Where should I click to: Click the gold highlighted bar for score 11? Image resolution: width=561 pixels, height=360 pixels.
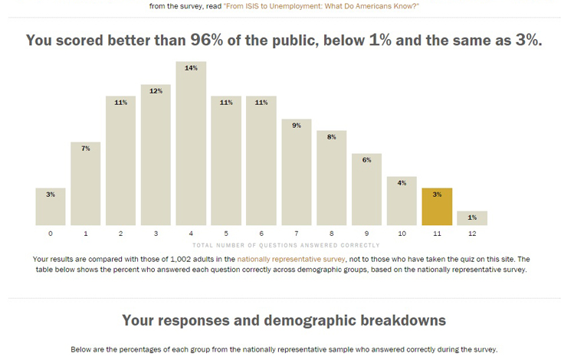point(437,207)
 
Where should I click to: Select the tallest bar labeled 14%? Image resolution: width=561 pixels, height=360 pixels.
point(191,143)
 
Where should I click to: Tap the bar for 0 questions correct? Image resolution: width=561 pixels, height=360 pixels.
point(51,207)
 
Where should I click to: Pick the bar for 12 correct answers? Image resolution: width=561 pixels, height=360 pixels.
point(472,218)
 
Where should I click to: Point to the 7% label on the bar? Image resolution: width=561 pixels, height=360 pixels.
point(86,149)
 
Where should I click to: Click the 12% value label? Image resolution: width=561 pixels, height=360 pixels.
point(156,91)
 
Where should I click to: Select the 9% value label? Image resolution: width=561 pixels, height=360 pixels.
point(297,126)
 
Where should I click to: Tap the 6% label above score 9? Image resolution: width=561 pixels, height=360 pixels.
point(366,160)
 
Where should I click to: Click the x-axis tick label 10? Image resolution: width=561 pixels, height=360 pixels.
point(402,234)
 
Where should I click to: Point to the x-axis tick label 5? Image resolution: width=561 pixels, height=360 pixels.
point(226,234)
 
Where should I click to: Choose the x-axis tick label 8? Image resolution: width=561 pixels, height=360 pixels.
point(331,234)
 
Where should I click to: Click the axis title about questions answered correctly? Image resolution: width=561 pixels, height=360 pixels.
point(286,245)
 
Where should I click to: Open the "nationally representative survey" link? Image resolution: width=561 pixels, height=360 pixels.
point(291,259)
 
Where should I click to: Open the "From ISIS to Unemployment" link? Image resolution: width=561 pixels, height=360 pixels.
point(321,6)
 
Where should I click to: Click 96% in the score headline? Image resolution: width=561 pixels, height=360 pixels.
point(206,40)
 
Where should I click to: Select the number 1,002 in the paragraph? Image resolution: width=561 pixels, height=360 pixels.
point(181,259)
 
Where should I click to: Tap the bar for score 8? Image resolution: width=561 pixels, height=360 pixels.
point(331,178)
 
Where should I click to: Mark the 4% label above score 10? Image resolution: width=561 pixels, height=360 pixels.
point(402,183)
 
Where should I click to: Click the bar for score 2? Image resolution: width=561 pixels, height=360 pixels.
point(120,161)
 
